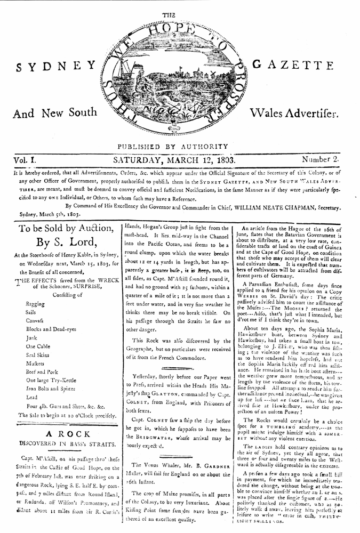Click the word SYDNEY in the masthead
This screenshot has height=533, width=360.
pos(55,68)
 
